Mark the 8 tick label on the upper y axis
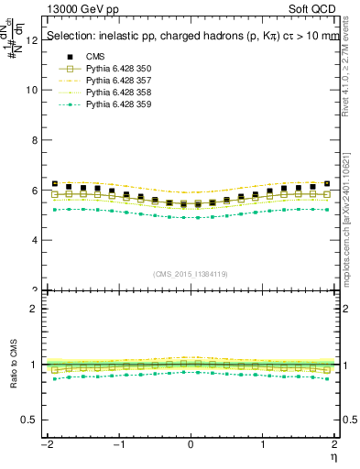tap(35, 140)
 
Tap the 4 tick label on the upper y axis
tap(35, 240)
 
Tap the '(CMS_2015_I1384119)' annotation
tap(191, 274)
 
